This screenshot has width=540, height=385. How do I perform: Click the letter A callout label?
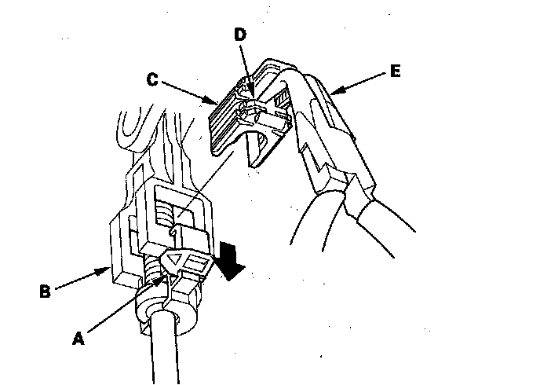click(x=77, y=339)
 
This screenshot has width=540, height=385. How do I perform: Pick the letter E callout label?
click(x=395, y=71)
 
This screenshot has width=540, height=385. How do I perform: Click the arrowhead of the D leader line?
click(x=248, y=86)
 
